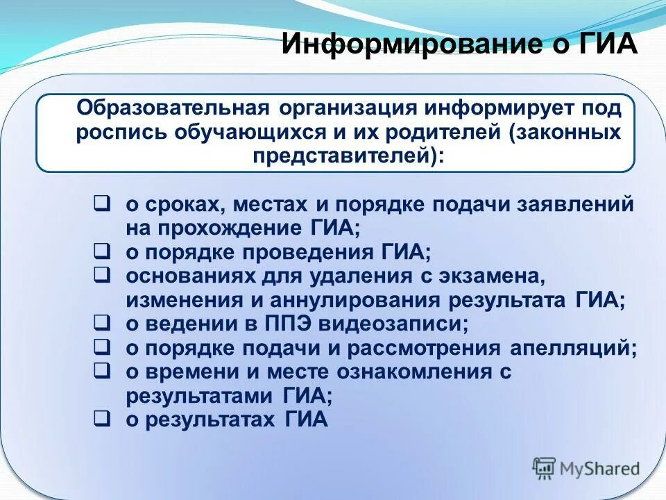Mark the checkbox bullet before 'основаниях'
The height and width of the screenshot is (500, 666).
pos(101,274)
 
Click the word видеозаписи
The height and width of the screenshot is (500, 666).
pos(395,324)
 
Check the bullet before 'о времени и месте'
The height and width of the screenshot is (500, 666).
pos(101,370)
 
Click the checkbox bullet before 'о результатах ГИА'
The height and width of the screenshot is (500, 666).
pos(101,419)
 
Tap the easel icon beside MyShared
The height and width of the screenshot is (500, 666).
pos(545,467)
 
